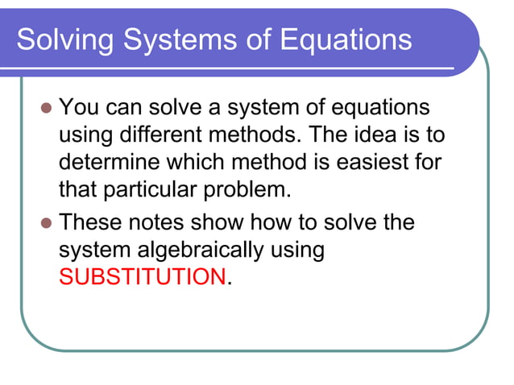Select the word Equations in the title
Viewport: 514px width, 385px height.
click(347, 39)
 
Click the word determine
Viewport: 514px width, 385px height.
click(110, 164)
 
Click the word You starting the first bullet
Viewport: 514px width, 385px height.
click(80, 107)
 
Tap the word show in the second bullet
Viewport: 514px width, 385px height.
click(230, 221)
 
